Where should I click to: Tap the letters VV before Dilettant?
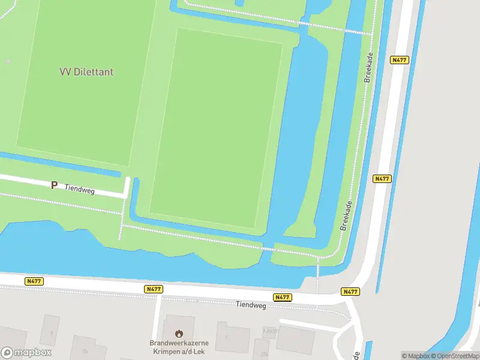(x=65, y=72)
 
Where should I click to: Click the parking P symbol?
(x=54, y=185)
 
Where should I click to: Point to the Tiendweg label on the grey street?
(x=250, y=305)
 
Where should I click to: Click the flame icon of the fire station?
(x=178, y=333)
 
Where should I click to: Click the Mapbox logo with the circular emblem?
(x=26, y=353)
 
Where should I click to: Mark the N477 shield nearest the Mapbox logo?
(x=34, y=281)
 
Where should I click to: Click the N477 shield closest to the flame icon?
(x=154, y=289)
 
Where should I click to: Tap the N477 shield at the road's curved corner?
(x=350, y=292)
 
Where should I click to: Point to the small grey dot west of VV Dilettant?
(x=8, y=61)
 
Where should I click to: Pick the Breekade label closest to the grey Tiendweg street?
(x=347, y=216)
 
